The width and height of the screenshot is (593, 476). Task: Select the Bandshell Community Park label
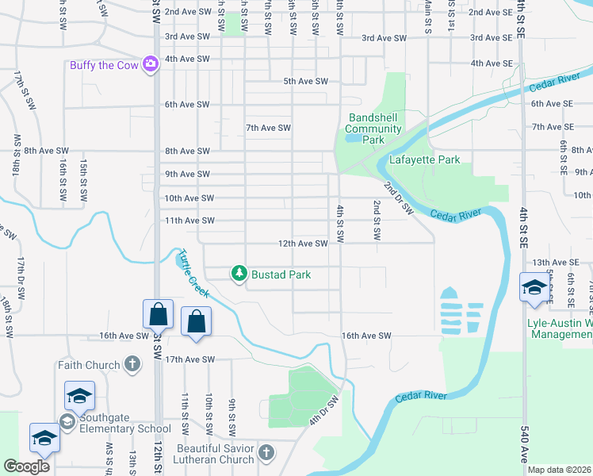tap(374, 129)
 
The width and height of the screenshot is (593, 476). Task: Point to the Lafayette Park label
tap(424, 159)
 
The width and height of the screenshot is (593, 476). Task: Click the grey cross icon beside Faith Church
tap(132, 365)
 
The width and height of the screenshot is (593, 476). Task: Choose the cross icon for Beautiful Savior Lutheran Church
tap(266, 452)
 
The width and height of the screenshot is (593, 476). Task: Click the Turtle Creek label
tap(193, 274)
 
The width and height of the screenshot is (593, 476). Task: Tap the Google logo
tap(27, 466)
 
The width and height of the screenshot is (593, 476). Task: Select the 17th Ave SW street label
tap(189, 359)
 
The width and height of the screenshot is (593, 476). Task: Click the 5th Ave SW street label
tap(305, 81)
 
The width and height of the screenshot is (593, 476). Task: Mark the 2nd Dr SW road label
tap(399, 198)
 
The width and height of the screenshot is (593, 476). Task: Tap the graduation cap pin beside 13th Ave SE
tap(534, 287)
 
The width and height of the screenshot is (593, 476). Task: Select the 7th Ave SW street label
tap(268, 128)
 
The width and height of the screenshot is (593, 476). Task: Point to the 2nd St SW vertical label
tap(377, 221)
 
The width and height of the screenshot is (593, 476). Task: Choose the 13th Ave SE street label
tap(555, 262)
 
